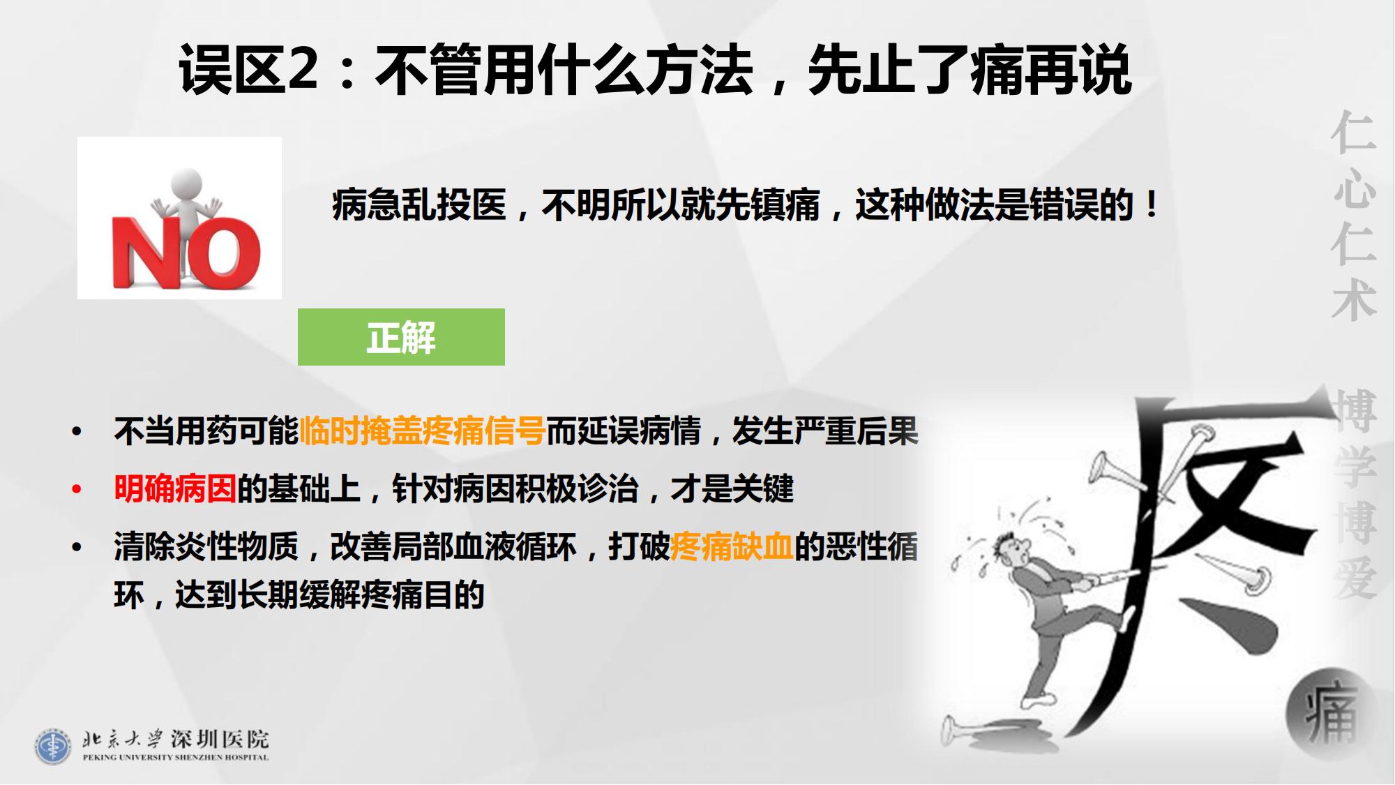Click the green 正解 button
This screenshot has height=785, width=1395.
pyautogui.click(x=401, y=337)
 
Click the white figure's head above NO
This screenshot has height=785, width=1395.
pyautogui.click(x=186, y=183)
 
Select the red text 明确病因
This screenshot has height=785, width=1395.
pyautogui.click(x=176, y=488)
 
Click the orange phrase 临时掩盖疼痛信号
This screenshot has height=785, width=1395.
pyautogui.click(x=422, y=431)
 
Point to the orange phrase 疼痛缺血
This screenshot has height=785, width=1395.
pyautogui.click(x=732, y=546)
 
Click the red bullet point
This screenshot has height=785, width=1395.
pyautogui.click(x=77, y=489)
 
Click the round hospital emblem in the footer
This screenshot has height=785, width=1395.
pyautogui.click(x=52, y=747)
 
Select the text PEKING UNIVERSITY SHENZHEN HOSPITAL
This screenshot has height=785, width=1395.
pyautogui.click(x=175, y=757)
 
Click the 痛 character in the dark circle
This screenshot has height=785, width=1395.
pyautogui.click(x=1331, y=712)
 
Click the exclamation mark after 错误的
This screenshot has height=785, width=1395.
pyautogui.click(x=1151, y=205)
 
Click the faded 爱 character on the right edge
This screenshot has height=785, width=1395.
pyautogui.click(x=1355, y=578)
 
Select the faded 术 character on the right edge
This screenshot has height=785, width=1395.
pyautogui.click(x=1354, y=300)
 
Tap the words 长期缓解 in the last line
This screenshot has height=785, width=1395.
pyautogui.click(x=299, y=595)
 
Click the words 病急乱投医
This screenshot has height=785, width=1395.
pyautogui.click(x=419, y=205)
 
